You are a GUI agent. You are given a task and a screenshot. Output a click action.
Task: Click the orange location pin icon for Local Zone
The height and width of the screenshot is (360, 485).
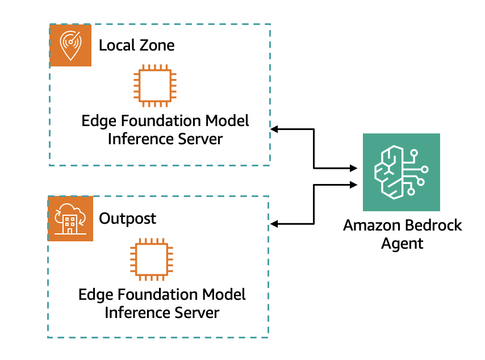coord(70,45)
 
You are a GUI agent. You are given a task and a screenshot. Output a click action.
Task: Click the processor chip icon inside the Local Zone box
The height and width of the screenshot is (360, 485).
coord(152,87)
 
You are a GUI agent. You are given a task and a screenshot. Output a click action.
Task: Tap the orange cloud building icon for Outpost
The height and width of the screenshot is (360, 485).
coord(70,219)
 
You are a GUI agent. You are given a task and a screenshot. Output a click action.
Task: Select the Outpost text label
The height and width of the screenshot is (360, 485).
coord(127,219)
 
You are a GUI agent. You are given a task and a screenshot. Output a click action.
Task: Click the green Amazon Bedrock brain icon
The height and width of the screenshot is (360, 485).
coord(402,172)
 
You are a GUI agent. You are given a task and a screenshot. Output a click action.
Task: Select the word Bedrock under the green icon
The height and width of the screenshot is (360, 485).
coord(433,225)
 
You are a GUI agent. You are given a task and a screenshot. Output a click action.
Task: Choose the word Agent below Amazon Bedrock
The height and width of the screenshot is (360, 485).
coord(402,244)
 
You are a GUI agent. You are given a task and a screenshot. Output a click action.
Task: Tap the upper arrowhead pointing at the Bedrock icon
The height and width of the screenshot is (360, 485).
coord(354,169)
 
